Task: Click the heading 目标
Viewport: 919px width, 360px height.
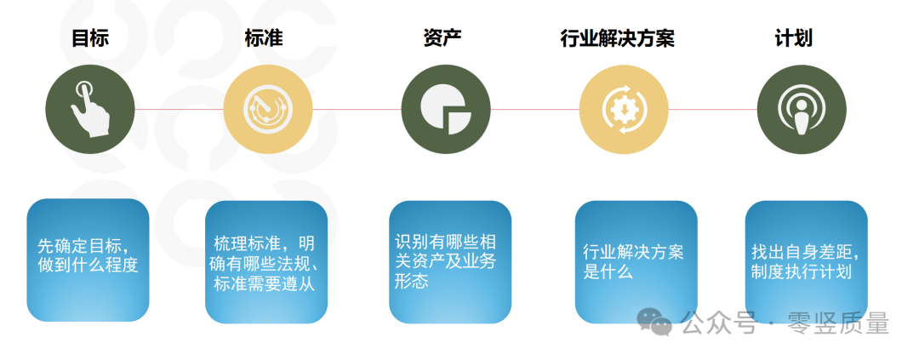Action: [x=89, y=38]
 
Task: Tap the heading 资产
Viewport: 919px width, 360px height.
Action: [x=442, y=38]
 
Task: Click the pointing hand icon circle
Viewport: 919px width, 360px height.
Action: [x=90, y=109]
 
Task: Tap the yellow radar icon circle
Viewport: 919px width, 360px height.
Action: [x=267, y=109]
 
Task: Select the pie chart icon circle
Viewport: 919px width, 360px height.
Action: [x=446, y=109]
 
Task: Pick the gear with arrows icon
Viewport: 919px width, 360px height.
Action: [x=624, y=109]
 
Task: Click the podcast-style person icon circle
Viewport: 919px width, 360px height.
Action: [x=801, y=109]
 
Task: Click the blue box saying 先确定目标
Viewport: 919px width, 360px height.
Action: [x=88, y=260]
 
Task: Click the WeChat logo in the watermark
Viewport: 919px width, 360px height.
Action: [x=655, y=322]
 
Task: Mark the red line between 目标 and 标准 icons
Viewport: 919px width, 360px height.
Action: [x=179, y=109]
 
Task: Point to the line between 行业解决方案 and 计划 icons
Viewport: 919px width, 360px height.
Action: [x=712, y=109]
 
